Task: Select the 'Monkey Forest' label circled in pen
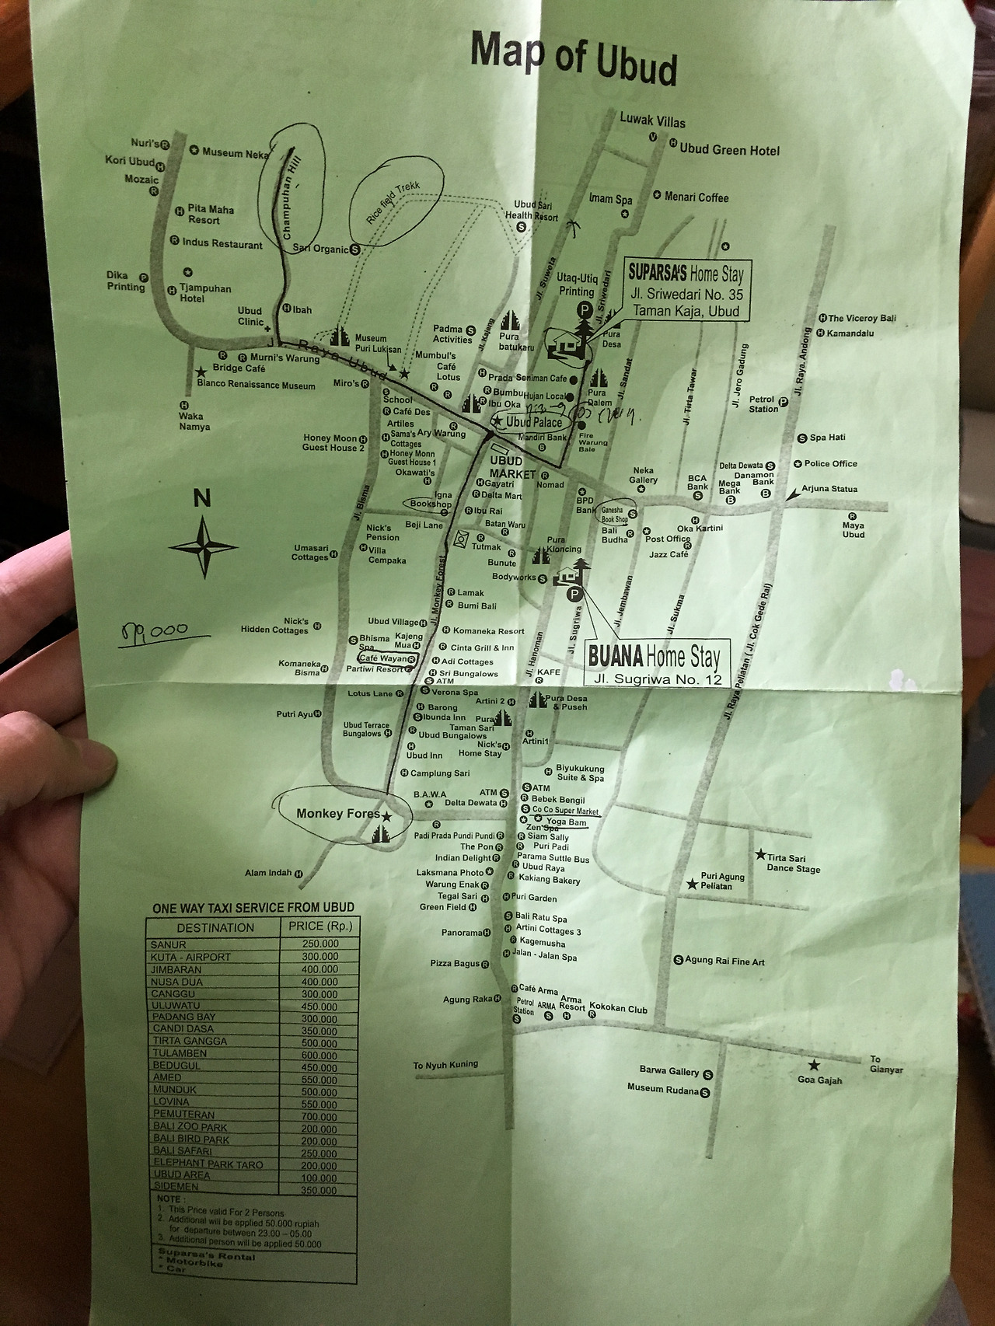pyautogui.click(x=339, y=814)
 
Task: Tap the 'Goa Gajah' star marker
pyautogui.click(x=814, y=1065)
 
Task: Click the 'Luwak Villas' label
pyautogui.click(x=652, y=120)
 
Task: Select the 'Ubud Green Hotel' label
pyautogui.click(x=729, y=150)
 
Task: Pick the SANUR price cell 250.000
pyautogui.click(x=319, y=944)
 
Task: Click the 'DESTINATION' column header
pyautogui.click(x=215, y=927)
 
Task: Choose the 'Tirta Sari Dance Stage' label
pyautogui.click(x=793, y=864)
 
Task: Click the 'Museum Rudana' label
pyautogui.click(x=663, y=1089)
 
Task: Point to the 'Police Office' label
pyautogui.click(x=830, y=463)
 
